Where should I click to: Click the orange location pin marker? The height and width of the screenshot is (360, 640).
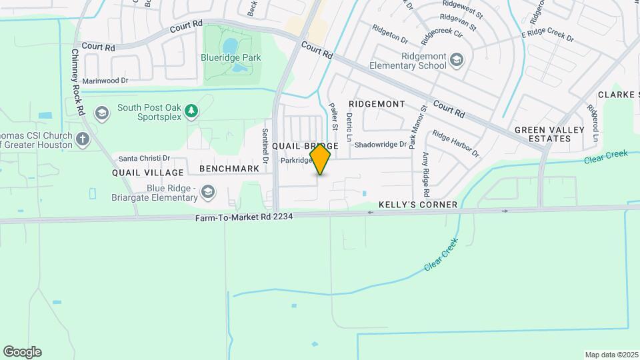[x=321, y=159]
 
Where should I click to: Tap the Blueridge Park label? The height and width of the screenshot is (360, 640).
[x=231, y=58]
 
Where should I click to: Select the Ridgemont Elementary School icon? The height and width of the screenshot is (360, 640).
[x=456, y=61]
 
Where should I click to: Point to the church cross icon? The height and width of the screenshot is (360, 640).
[x=83, y=139]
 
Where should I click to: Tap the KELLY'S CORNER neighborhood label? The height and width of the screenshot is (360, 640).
[x=418, y=205]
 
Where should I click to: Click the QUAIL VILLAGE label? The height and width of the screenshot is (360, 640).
[x=147, y=173]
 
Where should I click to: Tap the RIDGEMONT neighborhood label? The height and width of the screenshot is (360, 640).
[x=377, y=105]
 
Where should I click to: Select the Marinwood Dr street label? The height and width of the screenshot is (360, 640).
[x=105, y=80]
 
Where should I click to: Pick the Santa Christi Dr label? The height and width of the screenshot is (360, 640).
[x=144, y=159]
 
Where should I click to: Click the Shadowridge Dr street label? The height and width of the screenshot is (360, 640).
[x=380, y=144]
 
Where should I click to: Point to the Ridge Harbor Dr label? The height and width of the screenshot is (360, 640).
[x=455, y=143]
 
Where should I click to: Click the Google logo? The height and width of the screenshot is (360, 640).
[x=22, y=352]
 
